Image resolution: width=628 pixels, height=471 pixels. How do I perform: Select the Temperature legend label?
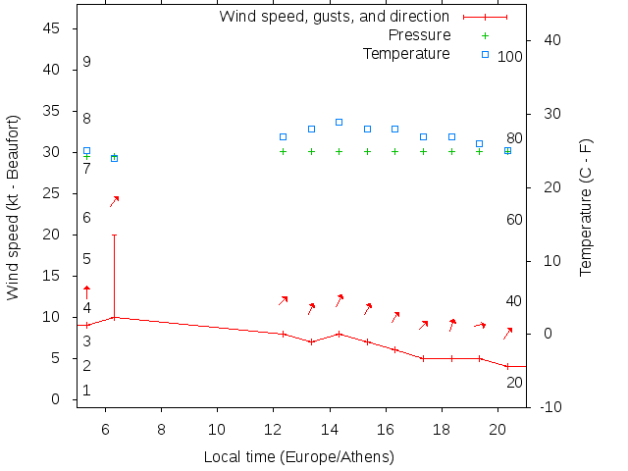pos(406,53)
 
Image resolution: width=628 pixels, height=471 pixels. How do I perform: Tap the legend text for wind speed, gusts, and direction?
pos(334,17)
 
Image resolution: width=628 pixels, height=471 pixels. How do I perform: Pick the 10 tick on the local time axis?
pos(217,428)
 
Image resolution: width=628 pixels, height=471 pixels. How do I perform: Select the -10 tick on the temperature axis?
pos(551,407)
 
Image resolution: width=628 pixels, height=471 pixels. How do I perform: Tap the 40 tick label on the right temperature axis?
pos(551,40)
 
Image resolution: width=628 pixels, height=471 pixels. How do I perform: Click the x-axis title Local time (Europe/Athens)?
pos(298,457)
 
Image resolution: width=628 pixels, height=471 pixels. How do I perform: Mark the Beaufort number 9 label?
pos(86,63)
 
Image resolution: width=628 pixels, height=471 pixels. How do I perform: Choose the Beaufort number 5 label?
pos(86,259)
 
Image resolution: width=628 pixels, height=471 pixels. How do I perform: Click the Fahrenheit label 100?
pos(510,57)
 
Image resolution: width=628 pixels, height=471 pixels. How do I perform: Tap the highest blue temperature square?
pos(339,122)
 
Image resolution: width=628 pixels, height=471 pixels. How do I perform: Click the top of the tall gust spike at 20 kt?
pos(114,235)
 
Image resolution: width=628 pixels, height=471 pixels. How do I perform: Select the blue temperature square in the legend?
pos(485,54)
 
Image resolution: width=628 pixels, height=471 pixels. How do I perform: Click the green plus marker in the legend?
pos(485,35)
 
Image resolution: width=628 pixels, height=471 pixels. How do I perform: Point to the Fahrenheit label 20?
pos(514,383)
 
